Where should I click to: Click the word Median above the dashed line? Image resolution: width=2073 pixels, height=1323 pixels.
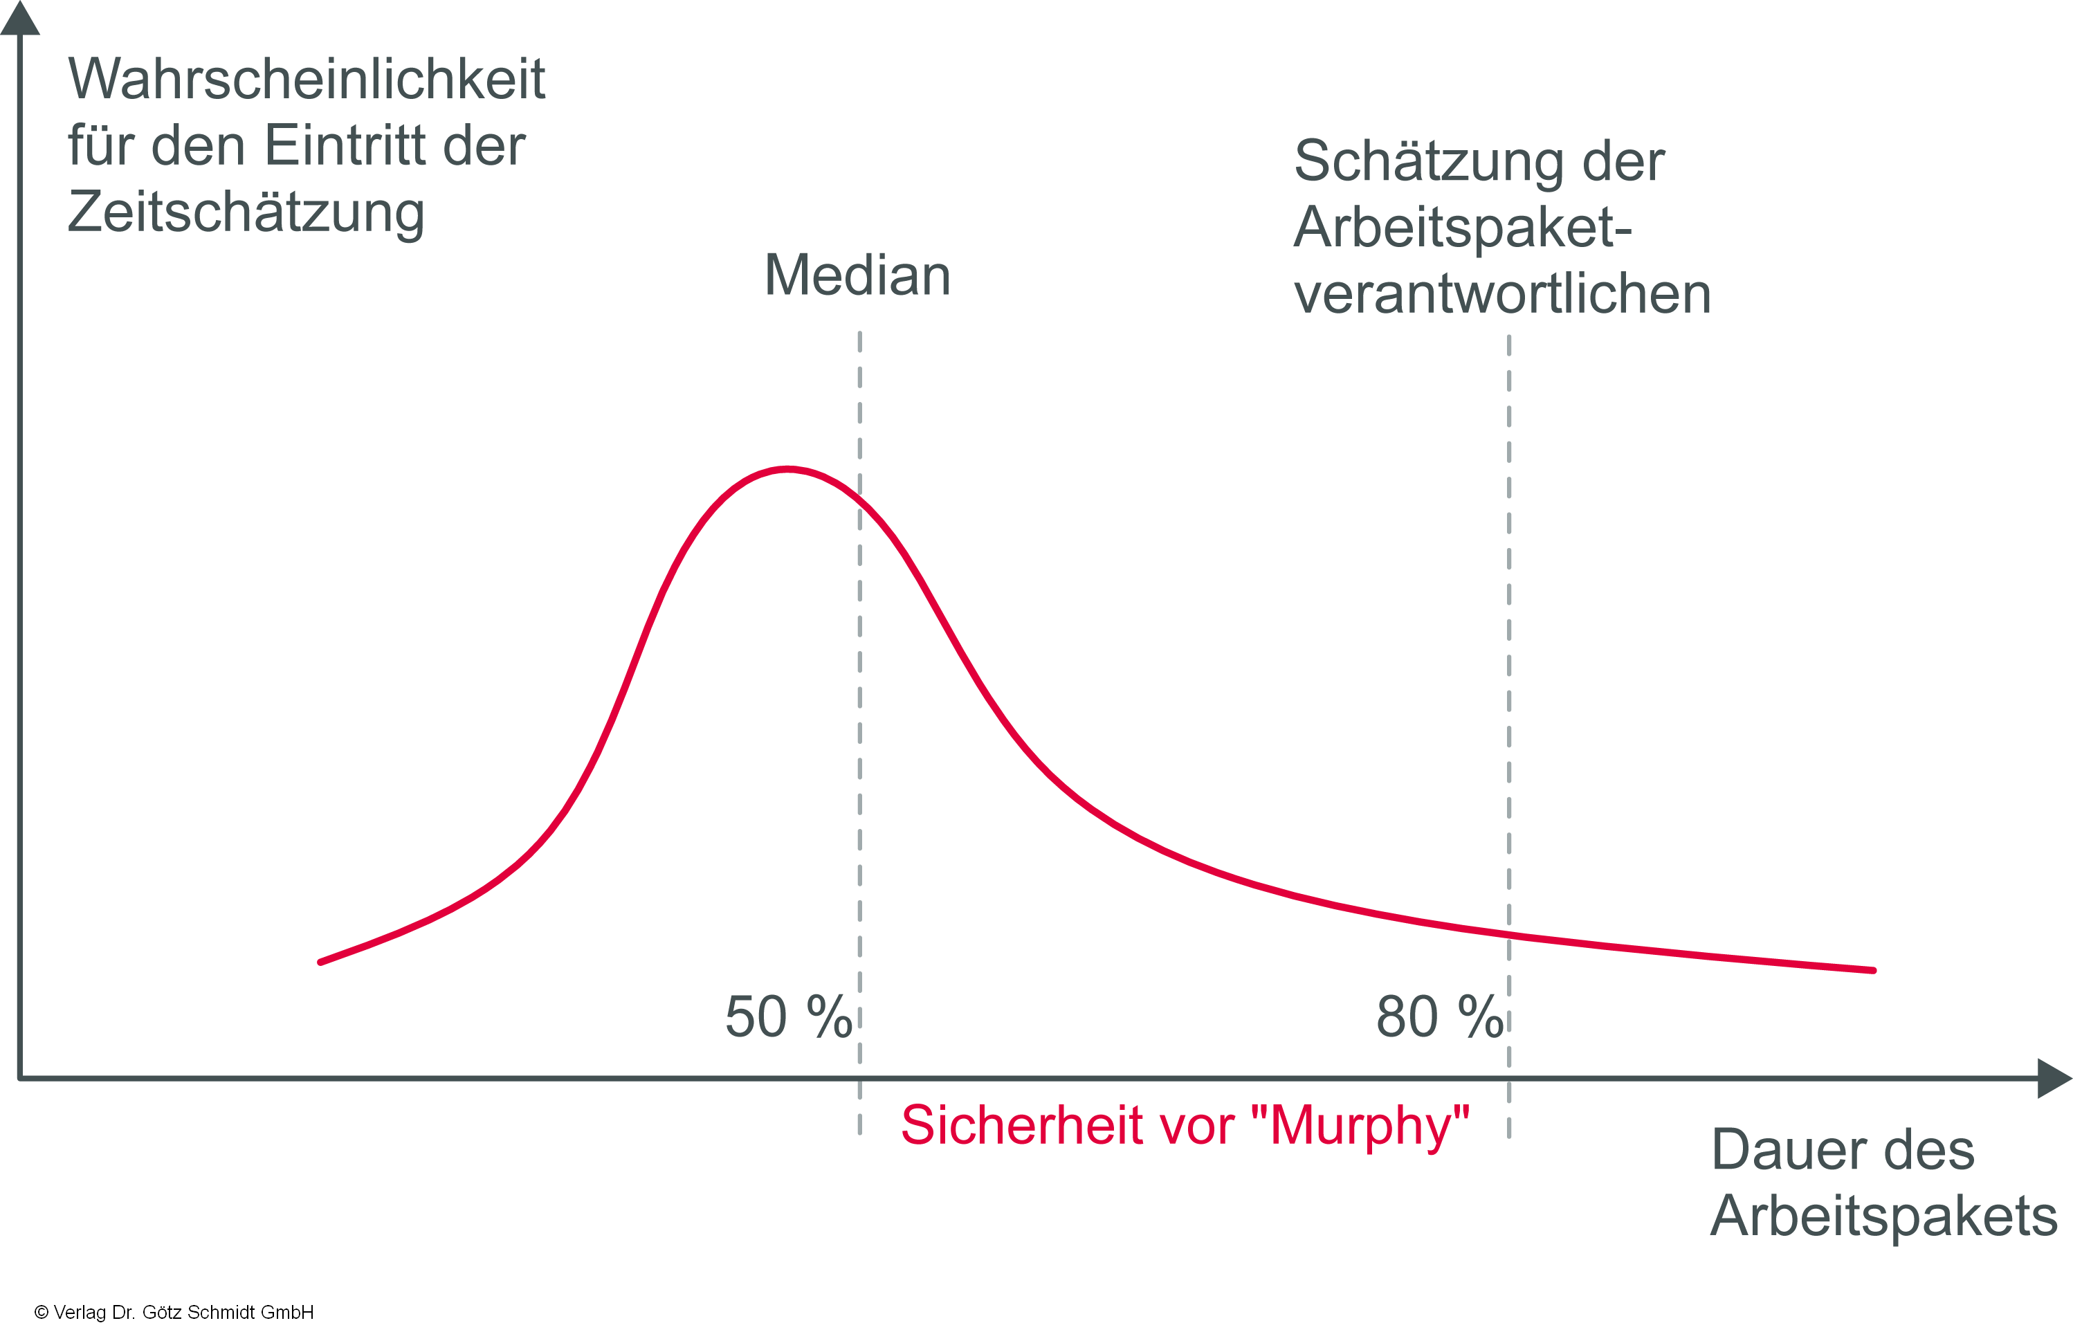click(x=857, y=275)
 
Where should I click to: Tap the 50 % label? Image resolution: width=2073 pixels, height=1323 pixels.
click(x=787, y=1017)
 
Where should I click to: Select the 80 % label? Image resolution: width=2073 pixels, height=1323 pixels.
click(x=1439, y=1017)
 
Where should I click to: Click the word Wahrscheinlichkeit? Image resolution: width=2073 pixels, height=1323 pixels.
click(x=307, y=79)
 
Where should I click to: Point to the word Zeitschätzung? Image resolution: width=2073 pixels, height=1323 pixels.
click(x=246, y=212)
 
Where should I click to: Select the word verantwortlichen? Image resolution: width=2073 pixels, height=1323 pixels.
click(x=1501, y=294)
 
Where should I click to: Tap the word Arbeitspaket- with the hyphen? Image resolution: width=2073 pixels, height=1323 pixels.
click(x=1463, y=228)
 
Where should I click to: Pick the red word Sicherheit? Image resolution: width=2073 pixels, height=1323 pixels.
click(x=1021, y=1125)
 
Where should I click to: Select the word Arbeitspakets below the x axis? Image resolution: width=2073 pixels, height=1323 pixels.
click(x=1883, y=1216)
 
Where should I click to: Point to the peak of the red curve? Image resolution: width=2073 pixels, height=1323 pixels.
click(x=787, y=469)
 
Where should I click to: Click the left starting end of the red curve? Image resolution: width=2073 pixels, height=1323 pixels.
click(x=321, y=962)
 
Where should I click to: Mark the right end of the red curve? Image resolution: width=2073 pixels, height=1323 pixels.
click(x=1873, y=970)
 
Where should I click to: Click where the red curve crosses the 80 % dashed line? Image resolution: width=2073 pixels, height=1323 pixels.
click(x=1508, y=935)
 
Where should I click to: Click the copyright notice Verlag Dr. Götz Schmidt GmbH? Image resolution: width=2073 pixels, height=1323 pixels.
click(x=174, y=1312)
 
